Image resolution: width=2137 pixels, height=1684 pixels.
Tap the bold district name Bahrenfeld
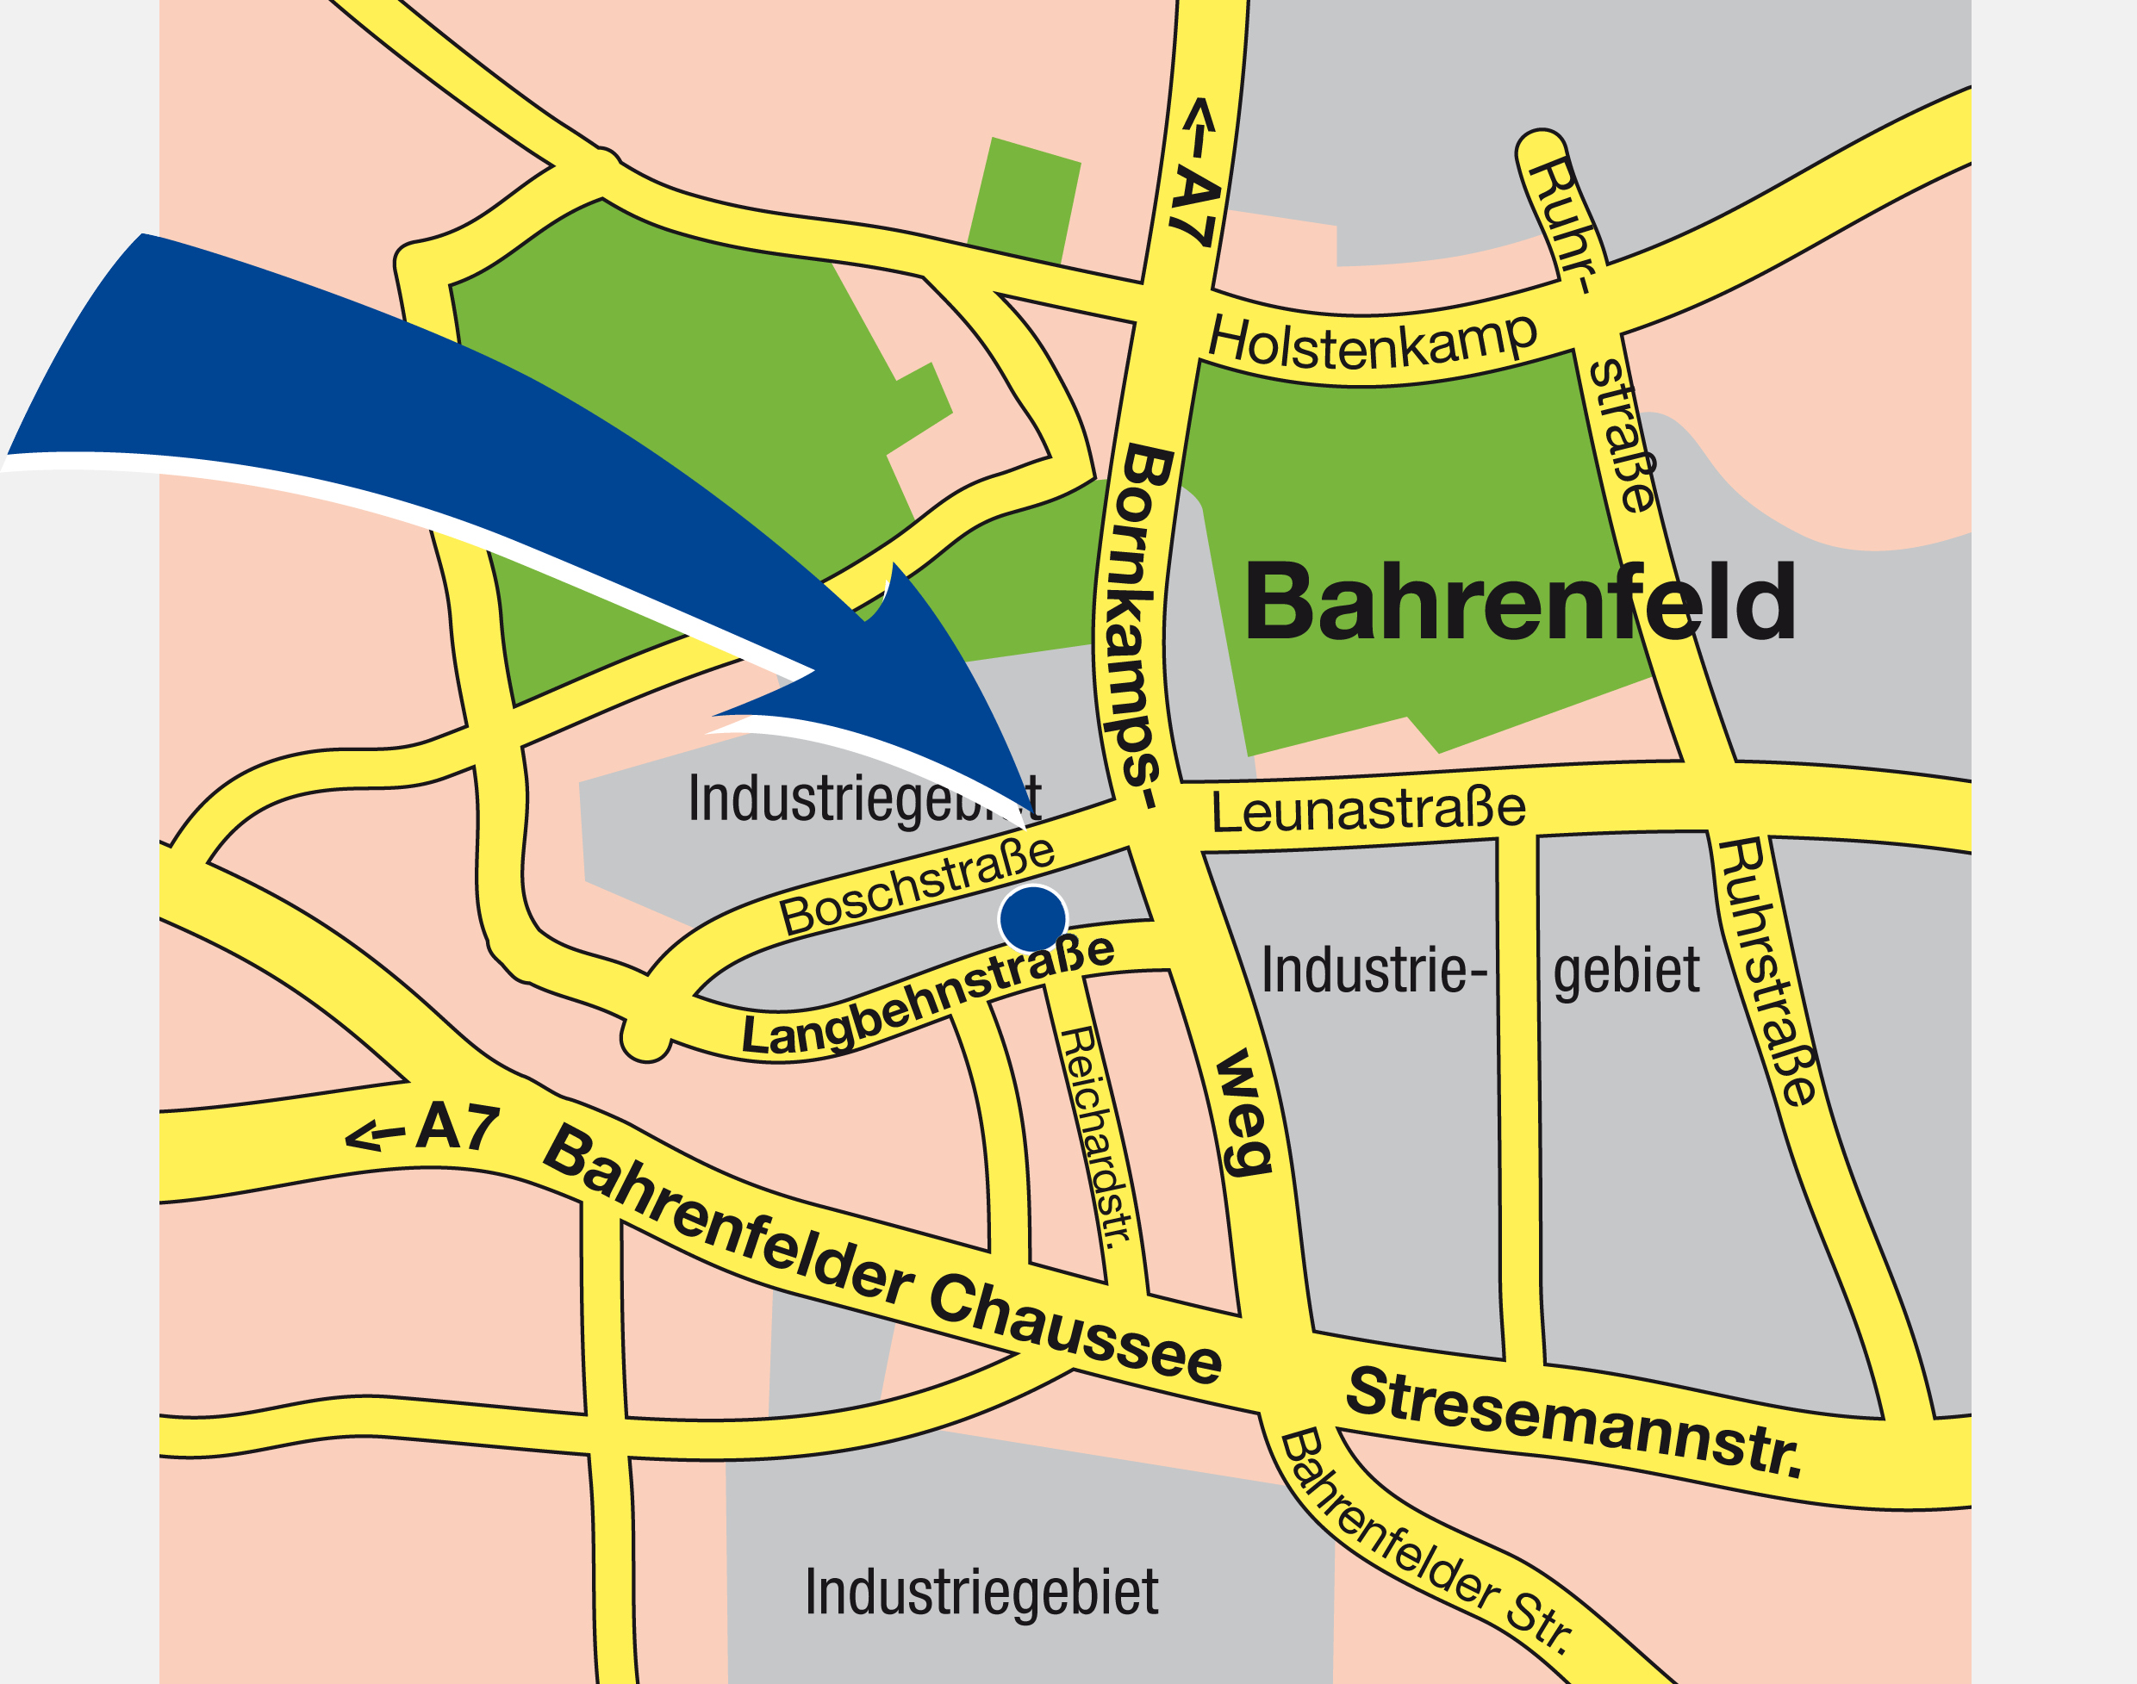coord(1518,602)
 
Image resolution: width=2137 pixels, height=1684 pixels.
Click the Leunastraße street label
coord(1368,811)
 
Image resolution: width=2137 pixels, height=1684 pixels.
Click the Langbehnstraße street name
coord(928,997)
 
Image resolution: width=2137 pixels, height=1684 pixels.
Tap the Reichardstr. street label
coord(1094,1138)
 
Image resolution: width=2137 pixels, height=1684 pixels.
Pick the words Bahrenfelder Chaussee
coord(882,1257)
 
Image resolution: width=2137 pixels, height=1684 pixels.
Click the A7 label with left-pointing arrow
coord(424,1129)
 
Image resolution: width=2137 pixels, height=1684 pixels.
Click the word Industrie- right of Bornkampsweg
coord(1374,971)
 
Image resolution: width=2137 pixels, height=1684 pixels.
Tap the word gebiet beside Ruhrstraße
coord(1626,971)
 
